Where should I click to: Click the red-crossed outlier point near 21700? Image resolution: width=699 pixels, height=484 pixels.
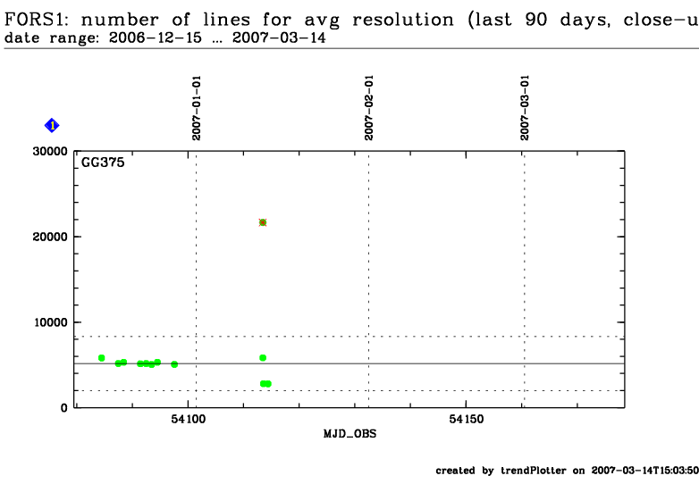(263, 222)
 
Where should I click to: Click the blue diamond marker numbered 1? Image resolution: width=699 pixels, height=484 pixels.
(52, 126)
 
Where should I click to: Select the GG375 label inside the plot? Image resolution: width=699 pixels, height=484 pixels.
(103, 163)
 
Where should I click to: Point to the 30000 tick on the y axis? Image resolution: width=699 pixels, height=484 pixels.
(50, 151)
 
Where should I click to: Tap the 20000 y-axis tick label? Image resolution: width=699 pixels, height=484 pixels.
(50, 237)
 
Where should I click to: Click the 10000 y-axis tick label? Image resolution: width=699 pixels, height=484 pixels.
(50, 322)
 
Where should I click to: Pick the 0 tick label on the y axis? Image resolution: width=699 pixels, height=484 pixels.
(63, 408)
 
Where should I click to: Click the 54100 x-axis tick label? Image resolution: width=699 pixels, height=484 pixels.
(188, 419)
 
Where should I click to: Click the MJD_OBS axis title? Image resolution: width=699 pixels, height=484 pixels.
(349, 433)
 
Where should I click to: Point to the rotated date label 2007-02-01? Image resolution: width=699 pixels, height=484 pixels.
(368, 107)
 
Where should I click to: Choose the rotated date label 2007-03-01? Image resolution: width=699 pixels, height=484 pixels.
(525, 107)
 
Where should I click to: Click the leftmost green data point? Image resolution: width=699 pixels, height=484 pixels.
(102, 358)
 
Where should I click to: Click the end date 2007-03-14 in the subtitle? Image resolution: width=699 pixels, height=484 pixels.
(194, 39)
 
